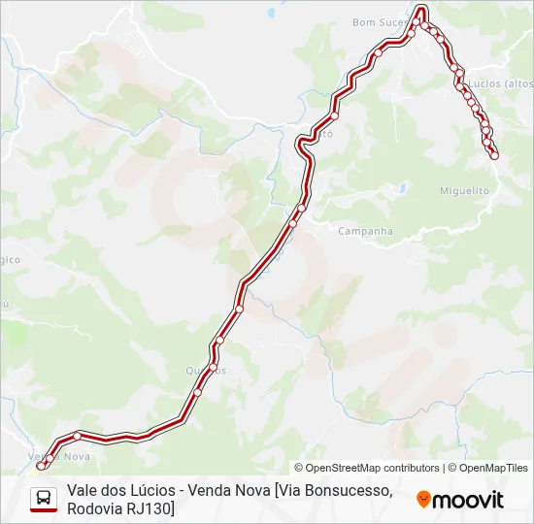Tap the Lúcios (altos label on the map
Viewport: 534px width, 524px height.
point(499,84)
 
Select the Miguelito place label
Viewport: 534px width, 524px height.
point(464,191)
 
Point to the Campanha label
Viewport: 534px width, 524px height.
point(366,231)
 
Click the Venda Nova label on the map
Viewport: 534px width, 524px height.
point(59,456)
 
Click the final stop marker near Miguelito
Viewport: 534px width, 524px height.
point(494,155)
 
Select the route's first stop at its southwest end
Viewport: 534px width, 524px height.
point(41,466)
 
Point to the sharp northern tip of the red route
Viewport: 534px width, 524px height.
point(421,10)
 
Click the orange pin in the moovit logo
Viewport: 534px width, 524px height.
point(423,500)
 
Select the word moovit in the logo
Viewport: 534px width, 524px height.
point(468,500)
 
